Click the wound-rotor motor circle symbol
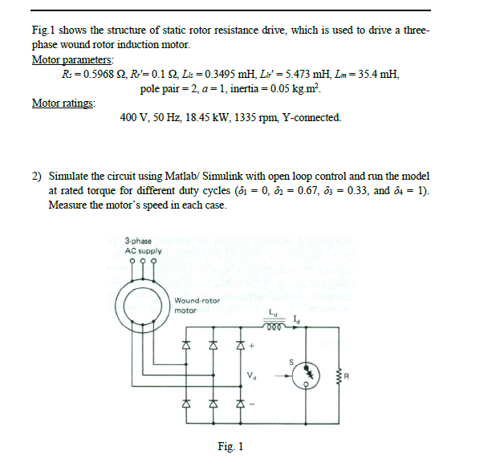tap(142, 307)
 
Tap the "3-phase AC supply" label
tap(142, 246)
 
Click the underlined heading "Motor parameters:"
tap(72, 59)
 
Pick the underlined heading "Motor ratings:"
tap(63, 103)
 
